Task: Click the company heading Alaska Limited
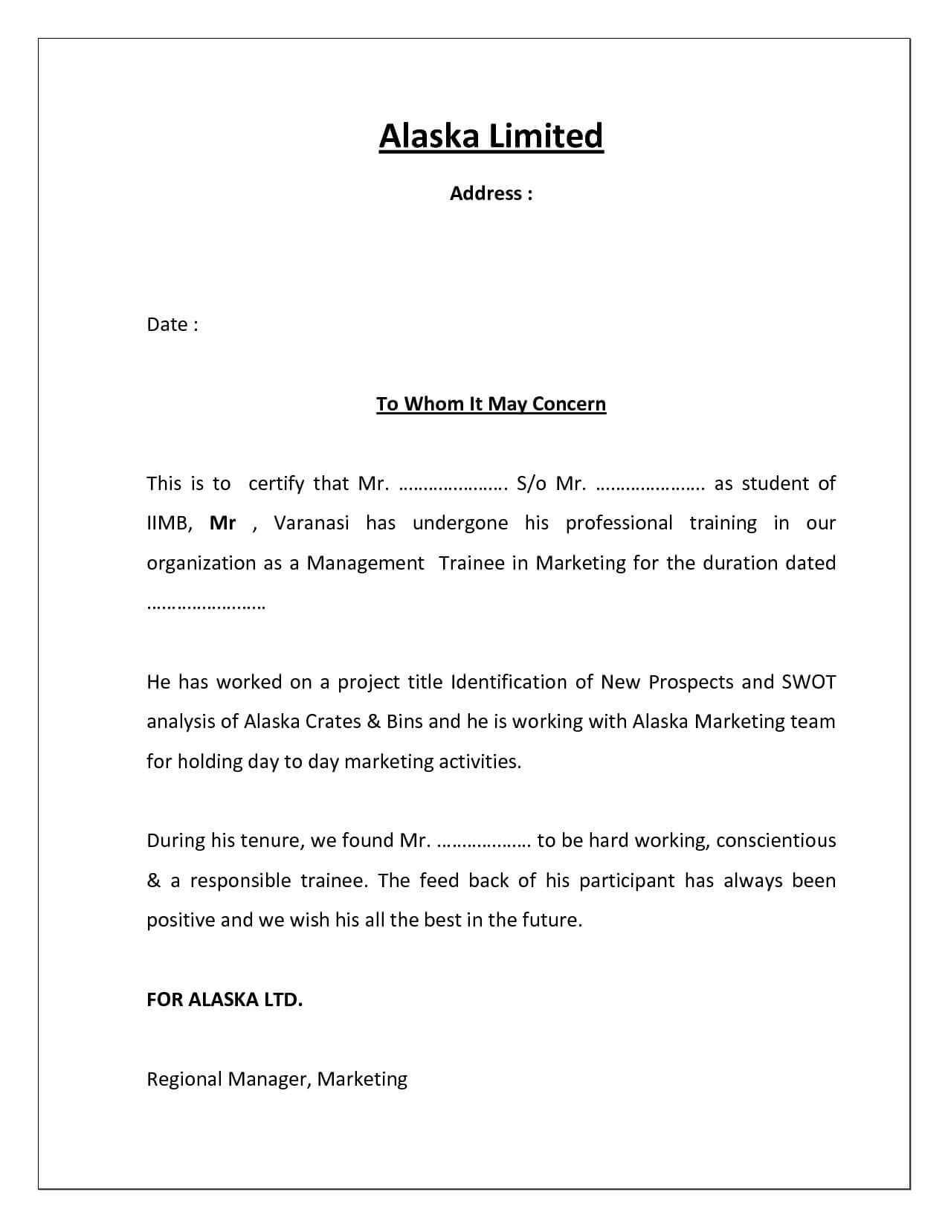[x=491, y=137]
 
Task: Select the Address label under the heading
[x=491, y=194]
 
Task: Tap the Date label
[x=172, y=325]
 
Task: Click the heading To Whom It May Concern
[x=491, y=404]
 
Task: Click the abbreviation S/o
[x=531, y=484]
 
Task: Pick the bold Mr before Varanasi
[x=222, y=524]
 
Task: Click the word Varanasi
[x=312, y=524]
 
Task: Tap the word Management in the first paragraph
[x=365, y=563]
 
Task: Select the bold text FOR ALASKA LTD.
[x=225, y=999]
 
